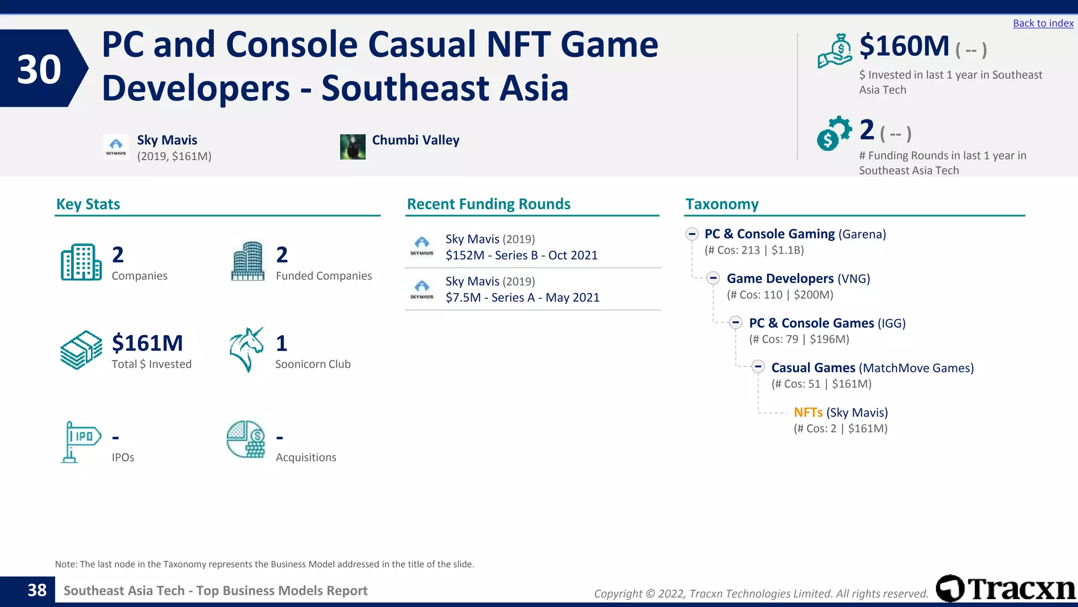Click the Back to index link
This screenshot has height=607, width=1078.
pos(1043,23)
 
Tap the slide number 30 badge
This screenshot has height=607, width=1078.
pos(39,69)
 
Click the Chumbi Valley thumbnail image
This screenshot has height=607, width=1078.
pos(353,147)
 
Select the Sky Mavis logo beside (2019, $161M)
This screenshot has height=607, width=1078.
pos(116,147)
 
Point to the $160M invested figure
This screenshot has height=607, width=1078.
pos(904,46)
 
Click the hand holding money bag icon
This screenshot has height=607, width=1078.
pos(834,52)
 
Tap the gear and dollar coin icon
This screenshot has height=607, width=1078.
pos(834,133)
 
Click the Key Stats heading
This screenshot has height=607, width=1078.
pos(88,204)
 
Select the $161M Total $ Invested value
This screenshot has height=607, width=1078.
pos(147,343)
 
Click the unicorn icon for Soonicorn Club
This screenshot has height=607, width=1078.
pos(246,349)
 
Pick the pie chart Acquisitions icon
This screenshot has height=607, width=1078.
pos(246,439)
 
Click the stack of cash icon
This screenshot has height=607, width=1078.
pos(81,350)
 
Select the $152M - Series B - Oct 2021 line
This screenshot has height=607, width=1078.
pos(521,256)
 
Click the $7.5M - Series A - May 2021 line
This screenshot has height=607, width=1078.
pos(522,298)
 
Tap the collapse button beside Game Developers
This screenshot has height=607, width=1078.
pos(713,278)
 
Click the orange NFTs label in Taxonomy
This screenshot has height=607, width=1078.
pos(808,413)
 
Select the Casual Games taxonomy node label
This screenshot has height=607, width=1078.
pos(813,368)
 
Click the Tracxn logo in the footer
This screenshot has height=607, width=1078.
pos(1005,589)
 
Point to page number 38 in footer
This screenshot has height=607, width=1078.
pos(37,591)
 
